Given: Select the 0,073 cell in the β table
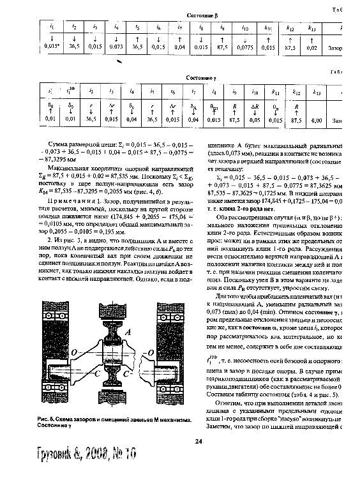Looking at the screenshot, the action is coord(116,47).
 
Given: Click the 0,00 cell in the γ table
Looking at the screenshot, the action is coord(317,119).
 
